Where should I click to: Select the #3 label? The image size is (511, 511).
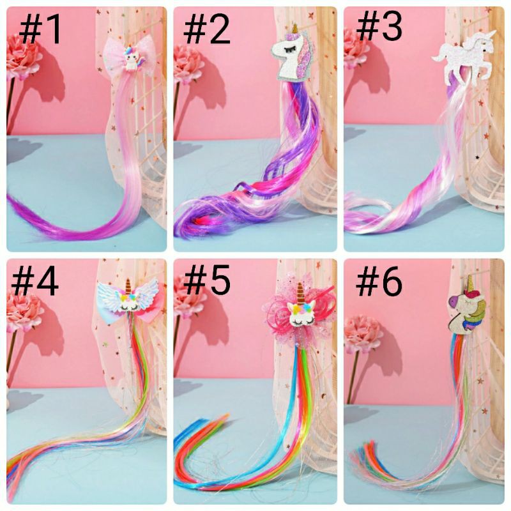click(379, 29)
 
